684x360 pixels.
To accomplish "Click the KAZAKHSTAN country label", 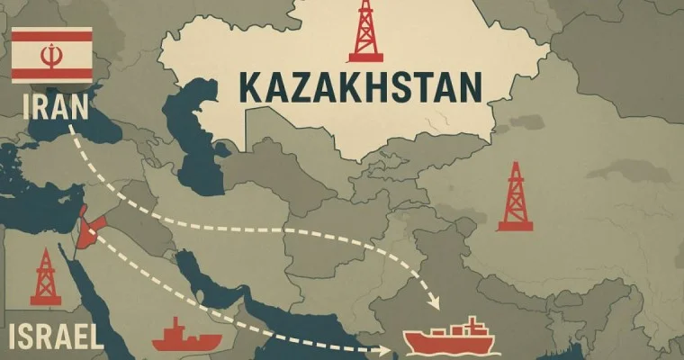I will (x=361, y=87).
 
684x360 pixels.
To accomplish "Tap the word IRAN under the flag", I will (x=53, y=108).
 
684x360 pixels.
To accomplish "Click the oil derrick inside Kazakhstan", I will (x=365, y=31).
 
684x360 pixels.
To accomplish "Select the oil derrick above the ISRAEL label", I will (x=44, y=278).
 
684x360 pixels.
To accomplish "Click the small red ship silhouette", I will (x=186, y=336).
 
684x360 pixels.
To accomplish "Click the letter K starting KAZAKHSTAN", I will (x=250, y=87).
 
